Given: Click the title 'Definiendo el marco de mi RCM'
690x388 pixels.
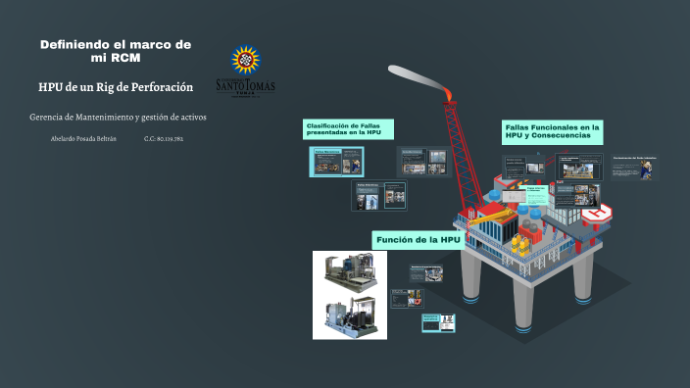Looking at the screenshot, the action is (x=116, y=50).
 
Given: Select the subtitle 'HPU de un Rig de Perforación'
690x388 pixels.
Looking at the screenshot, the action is (x=116, y=87).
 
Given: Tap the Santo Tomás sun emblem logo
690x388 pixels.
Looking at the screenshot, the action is (x=243, y=60).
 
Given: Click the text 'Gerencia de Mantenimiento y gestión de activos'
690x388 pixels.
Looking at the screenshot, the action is (x=118, y=118).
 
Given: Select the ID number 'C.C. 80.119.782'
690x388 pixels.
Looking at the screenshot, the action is (x=164, y=139).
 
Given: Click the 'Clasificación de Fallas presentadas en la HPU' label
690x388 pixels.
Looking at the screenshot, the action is (x=349, y=129).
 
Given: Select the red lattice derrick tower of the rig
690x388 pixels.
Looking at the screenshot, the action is (x=457, y=157).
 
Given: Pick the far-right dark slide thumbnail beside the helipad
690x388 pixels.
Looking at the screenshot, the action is (x=636, y=168).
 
